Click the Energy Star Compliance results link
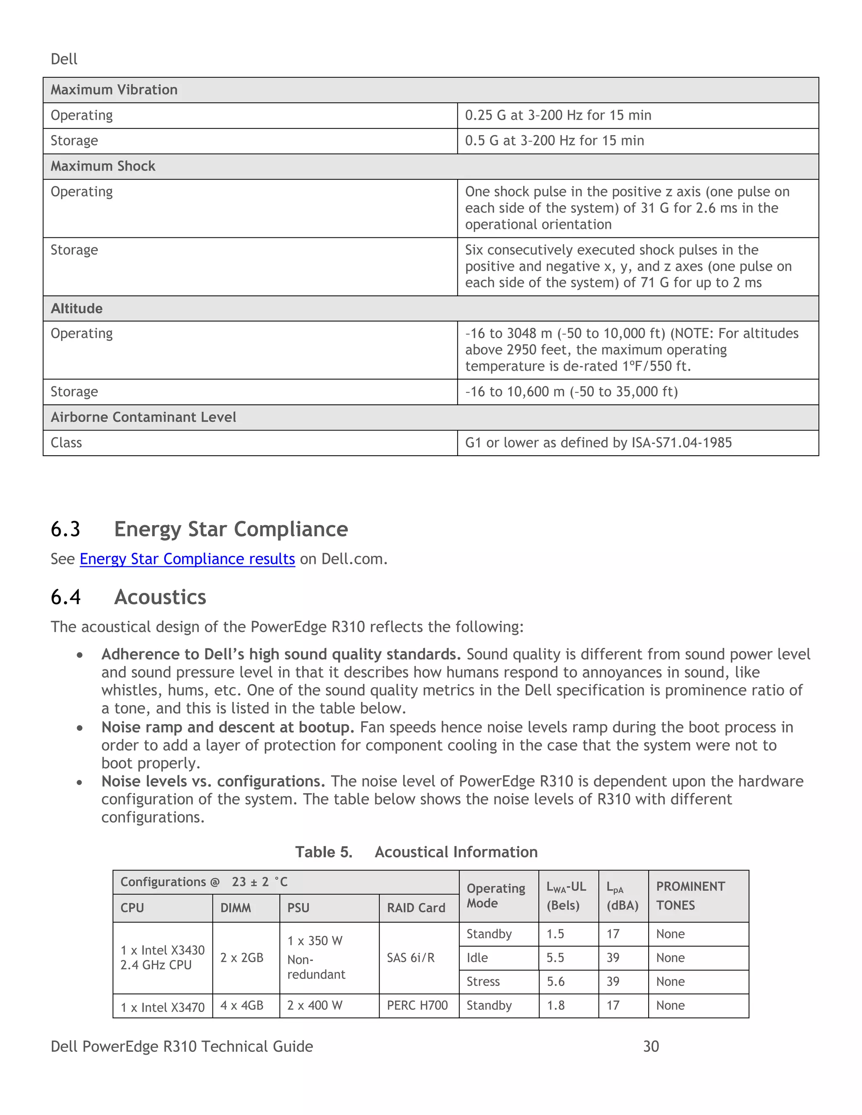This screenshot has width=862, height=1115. coord(187,559)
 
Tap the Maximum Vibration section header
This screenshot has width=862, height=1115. coord(114,90)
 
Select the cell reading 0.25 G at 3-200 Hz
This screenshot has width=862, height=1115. coord(558,115)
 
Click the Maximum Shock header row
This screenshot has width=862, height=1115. coord(103,167)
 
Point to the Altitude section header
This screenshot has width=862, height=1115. coord(77,308)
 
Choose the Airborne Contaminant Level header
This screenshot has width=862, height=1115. coord(143,417)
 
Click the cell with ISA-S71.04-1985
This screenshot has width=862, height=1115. coord(598,443)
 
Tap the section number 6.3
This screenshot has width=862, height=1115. coord(65,529)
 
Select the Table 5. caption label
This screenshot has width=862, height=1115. coord(324,852)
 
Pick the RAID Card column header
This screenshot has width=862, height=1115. coord(416,908)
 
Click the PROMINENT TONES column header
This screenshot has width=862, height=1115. coord(690,896)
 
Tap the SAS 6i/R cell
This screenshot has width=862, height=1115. coord(410,958)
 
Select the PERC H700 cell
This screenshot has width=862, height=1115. coord(417,1005)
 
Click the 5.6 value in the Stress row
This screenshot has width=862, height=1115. coord(555,982)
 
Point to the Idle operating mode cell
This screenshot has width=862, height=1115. coord(477,958)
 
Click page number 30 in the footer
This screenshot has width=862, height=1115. coord(651,1046)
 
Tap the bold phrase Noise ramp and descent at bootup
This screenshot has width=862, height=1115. coord(227,727)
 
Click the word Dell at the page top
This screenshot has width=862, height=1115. coord(64,59)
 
